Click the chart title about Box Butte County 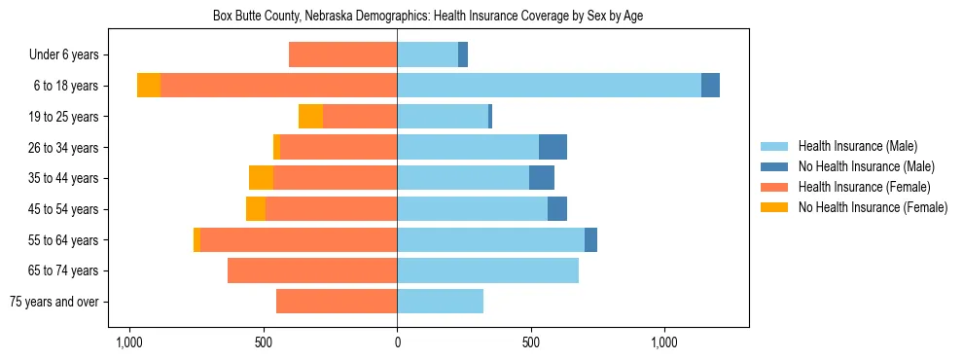click(x=428, y=16)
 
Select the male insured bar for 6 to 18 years click(x=549, y=86)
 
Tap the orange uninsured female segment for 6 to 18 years click(x=149, y=86)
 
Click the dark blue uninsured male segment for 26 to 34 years click(x=553, y=147)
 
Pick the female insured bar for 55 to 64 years click(x=298, y=239)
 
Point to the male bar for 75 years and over click(x=440, y=302)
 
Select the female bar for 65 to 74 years click(x=312, y=270)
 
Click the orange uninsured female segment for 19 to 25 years click(x=310, y=117)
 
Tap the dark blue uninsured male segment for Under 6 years click(x=463, y=54)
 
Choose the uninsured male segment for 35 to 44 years click(x=542, y=178)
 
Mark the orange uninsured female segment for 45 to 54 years click(x=256, y=209)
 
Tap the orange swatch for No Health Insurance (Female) click(x=774, y=207)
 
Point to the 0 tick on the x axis click(x=397, y=343)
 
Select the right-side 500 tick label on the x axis click(x=530, y=343)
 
